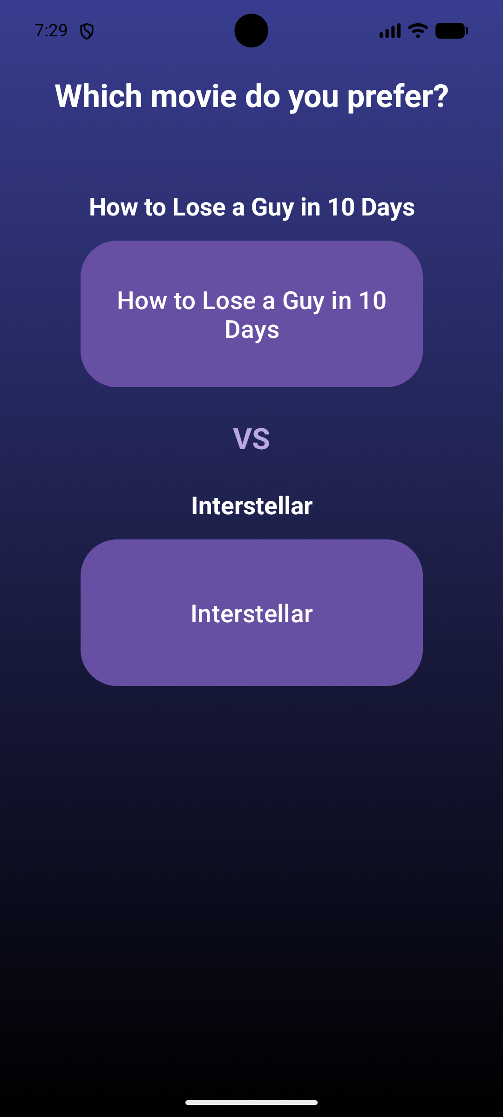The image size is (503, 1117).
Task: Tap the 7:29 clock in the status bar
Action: tap(51, 31)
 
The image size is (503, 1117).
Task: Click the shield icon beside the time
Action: tap(87, 32)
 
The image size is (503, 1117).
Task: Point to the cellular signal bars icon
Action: tap(390, 31)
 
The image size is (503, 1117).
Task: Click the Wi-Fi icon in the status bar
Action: tap(418, 31)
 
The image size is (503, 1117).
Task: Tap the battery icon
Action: tap(452, 31)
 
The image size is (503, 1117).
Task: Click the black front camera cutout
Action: tap(251, 31)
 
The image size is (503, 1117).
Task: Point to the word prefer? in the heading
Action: tap(398, 97)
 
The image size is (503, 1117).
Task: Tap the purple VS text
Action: tap(251, 439)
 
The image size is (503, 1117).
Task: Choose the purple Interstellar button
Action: tap(251, 612)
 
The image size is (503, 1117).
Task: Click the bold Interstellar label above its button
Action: tap(251, 506)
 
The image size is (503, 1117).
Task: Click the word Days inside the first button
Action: tap(252, 330)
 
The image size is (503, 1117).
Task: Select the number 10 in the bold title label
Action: tap(341, 207)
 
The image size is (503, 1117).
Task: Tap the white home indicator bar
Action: tap(251, 1103)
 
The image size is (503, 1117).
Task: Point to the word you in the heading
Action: tap(313, 97)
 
